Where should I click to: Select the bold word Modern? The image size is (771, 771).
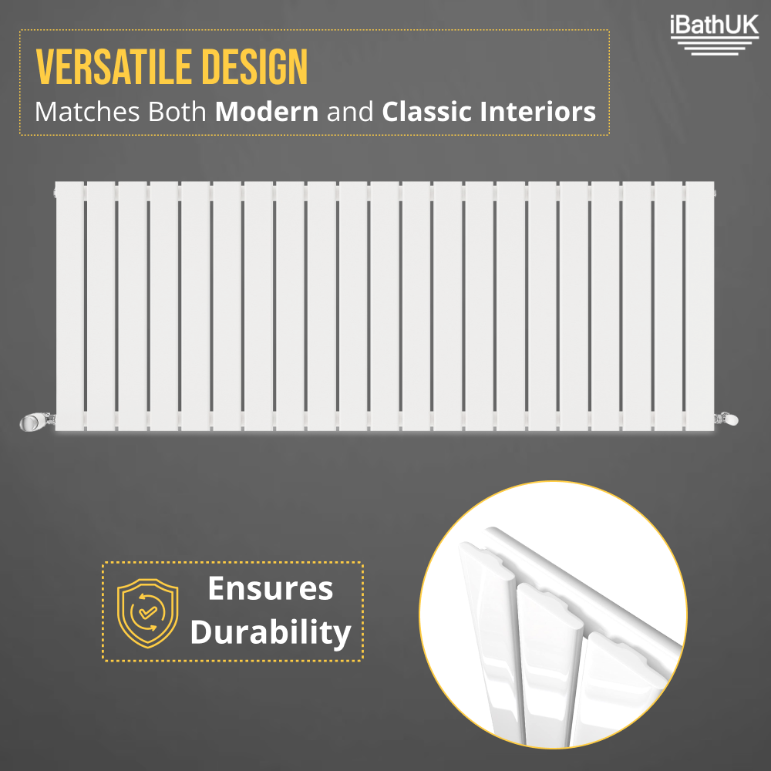coord(267,112)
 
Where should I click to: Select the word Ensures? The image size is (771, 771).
coord(271,589)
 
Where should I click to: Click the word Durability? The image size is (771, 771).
coord(271,632)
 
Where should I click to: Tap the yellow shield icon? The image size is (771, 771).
coord(146,611)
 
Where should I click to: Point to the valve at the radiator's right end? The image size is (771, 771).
coord(729,419)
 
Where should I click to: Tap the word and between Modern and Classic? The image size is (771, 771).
coord(350,112)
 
